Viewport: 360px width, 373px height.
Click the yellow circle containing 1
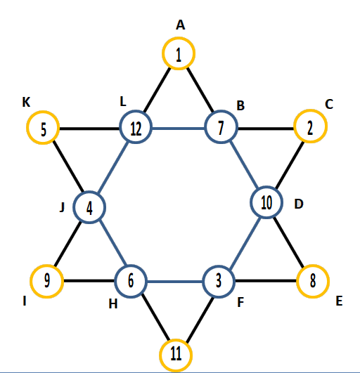point(179,37)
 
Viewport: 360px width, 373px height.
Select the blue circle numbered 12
point(136,110)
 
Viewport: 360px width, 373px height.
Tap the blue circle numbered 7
point(221,110)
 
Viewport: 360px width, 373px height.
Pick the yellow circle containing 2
point(311,110)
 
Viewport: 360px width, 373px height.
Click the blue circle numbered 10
point(266,187)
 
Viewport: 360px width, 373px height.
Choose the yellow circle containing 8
point(313,265)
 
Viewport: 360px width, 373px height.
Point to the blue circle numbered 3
point(219,266)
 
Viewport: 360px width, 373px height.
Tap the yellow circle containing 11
point(176,340)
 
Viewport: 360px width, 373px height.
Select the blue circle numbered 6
point(131,266)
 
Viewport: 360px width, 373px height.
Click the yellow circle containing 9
point(47,266)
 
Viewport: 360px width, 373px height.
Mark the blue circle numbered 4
point(89,192)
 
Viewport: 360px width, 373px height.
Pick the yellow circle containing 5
point(43,111)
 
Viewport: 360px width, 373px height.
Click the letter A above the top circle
point(181,25)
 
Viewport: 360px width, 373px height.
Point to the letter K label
point(26,103)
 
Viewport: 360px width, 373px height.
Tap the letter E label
point(340,301)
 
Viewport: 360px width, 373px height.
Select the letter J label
point(62,207)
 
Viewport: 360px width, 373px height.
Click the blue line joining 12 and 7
point(179,129)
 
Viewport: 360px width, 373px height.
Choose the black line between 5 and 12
point(89,129)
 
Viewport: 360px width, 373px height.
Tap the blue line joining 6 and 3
point(175,282)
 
